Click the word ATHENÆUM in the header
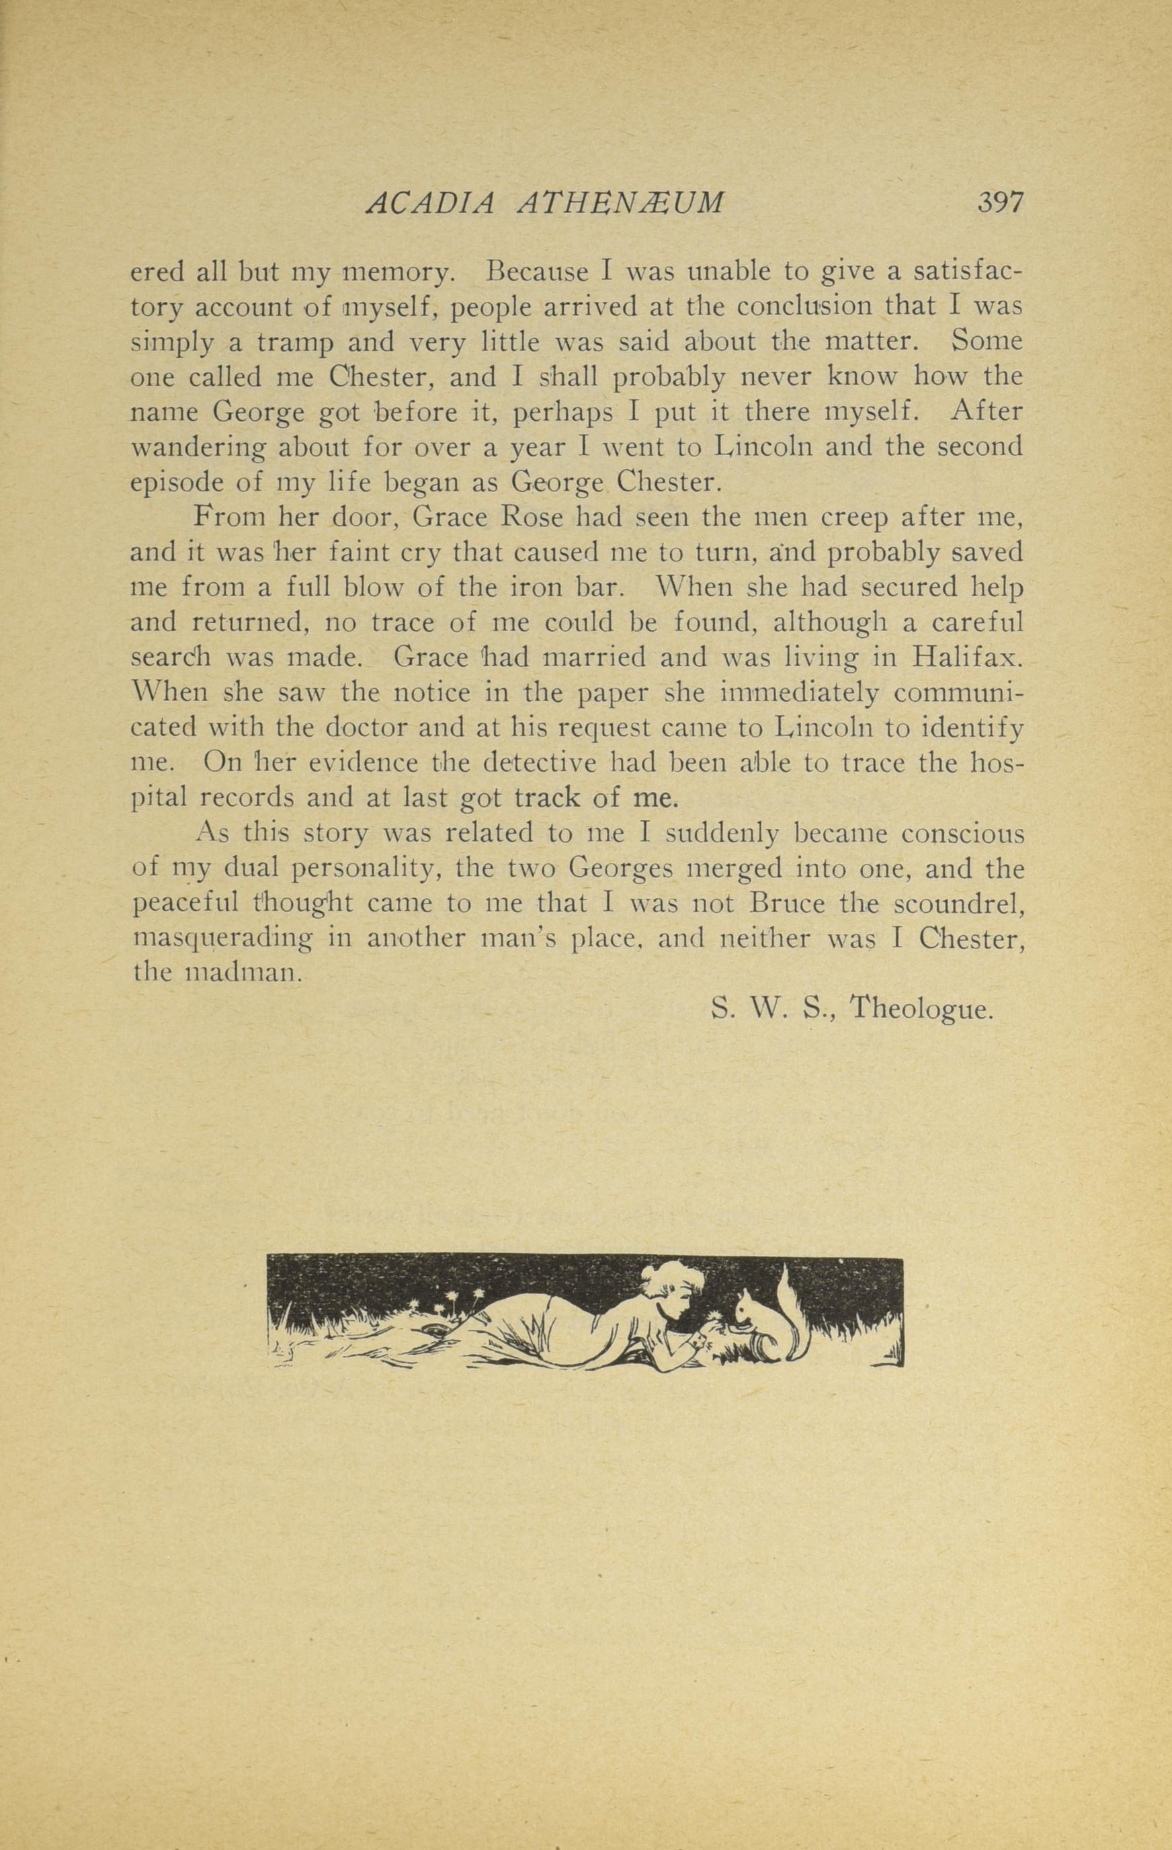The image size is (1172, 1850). [622, 204]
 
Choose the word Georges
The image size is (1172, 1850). [620, 870]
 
